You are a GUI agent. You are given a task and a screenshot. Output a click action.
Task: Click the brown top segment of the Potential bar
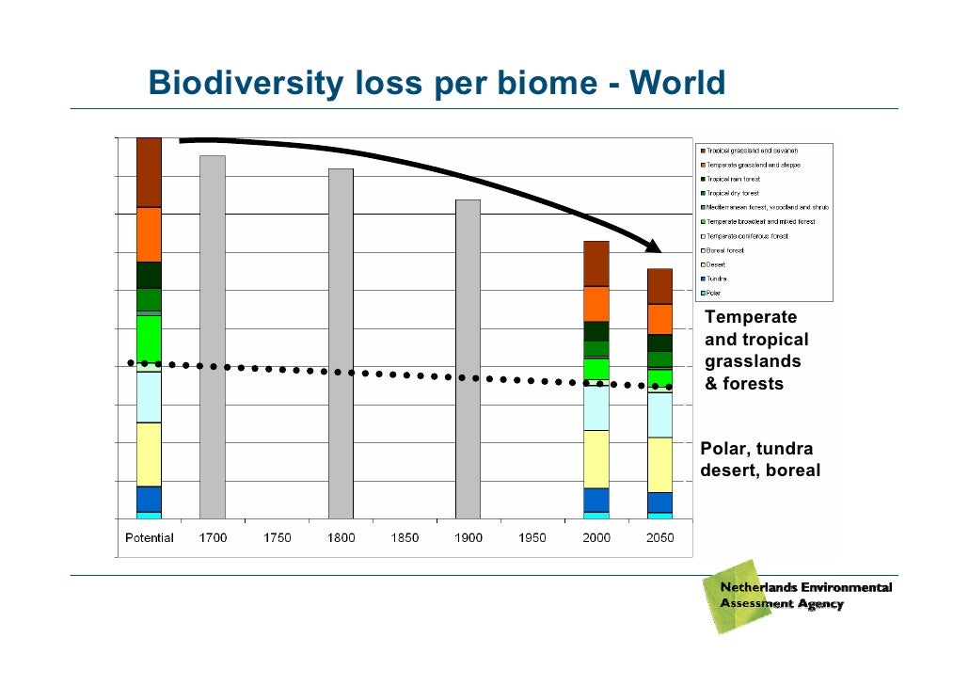click(149, 172)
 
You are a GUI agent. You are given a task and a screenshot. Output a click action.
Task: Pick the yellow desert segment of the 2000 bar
click(596, 458)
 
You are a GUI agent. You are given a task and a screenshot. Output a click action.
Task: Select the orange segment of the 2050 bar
click(659, 319)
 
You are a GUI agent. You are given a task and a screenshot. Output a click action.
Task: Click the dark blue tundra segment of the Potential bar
click(149, 499)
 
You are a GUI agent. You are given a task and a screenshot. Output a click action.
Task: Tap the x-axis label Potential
click(150, 538)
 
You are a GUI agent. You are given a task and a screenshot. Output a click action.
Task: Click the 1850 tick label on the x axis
click(405, 538)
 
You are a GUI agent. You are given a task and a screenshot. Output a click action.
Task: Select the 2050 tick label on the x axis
click(659, 538)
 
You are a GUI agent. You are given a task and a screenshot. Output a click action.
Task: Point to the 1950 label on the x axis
click(532, 538)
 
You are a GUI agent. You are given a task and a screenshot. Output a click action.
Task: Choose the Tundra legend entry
click(715, 279)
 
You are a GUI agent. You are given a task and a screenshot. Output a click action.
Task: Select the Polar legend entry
click(712, 293)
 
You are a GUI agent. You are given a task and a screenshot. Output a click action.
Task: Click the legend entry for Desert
click(714, 264)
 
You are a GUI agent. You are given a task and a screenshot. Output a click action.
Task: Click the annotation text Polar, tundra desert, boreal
click(760, 459)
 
